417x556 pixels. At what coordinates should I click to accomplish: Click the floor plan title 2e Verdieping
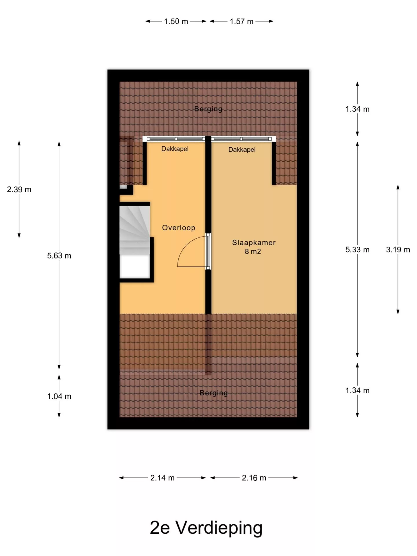pyautogui.click(x=206, y=528)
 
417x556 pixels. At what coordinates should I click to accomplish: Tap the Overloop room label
pyautogui.click(x=179, y=228)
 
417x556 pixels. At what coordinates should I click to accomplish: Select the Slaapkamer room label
pyautogui.click(x=254, y=243)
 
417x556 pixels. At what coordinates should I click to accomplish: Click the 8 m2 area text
pyautogui.click(x=253, y=251)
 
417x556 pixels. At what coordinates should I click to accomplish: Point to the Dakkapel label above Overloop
pyautogui.click(x=175, y=149)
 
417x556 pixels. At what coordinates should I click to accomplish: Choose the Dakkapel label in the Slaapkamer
pyautogui.click(x=242, y=149)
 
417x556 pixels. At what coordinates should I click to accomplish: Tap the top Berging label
pyautogui.click(x=208, y=109)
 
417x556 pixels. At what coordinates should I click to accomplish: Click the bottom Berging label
pyautogui.click(x=214, y=393)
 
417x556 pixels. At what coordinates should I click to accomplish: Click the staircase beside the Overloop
pyautogui.click(x=135, y=242)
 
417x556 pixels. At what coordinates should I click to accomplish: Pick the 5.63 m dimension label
pyautogui.click(x=59, y=256)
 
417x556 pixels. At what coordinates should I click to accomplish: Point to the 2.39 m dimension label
pyautogui.click(x=19, y=190)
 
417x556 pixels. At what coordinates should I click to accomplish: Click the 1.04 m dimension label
pyautogui.click(x=59, y=396)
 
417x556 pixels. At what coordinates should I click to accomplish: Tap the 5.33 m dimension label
pyautogui.click(x=357, y=250)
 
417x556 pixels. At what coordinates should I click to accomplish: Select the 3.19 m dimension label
pyautogui.click(x=398, y=250)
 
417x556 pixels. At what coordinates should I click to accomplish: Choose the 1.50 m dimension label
pyautogui.click(x=176, y=21)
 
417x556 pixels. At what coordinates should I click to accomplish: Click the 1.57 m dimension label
pyautogui.click(x=242, y=21)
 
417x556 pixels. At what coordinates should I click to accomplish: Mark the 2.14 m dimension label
pyautogui.click(x=162, y=478)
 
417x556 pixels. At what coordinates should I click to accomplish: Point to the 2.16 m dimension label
pyautogui.click(x=254, y=478)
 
